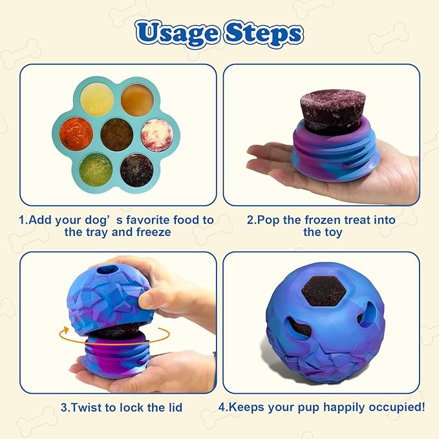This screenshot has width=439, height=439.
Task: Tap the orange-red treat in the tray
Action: (x=74, y=131)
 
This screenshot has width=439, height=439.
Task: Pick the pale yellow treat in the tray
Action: (x=98, y=100)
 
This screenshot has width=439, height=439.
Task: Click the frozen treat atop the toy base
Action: (x=333, y=110)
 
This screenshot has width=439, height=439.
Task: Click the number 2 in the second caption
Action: (x=251, y=220)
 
